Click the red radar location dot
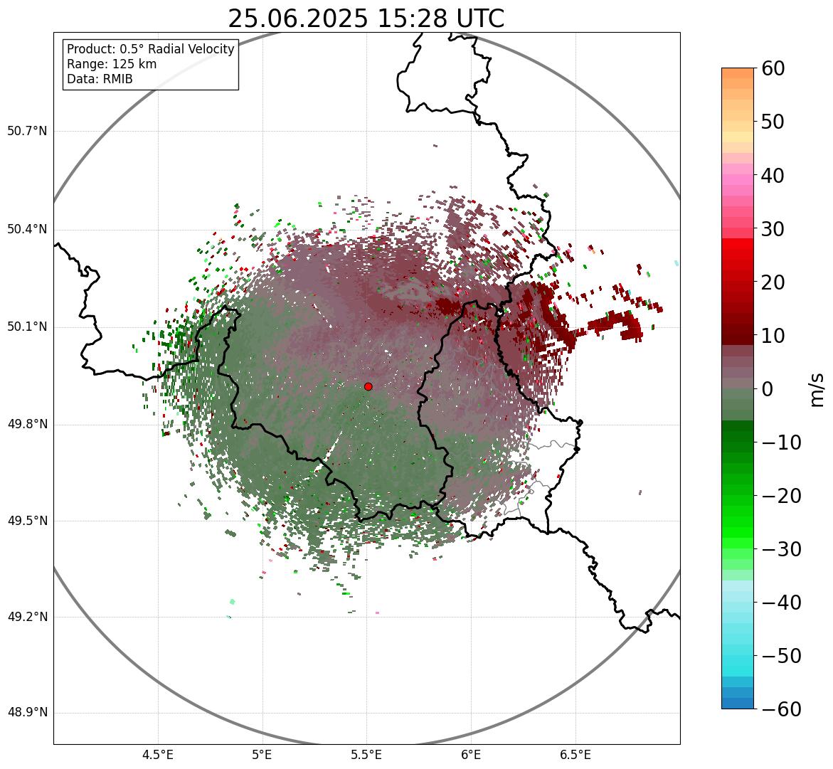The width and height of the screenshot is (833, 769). pos(368,386)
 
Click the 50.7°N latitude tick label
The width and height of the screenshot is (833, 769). pos(27,132)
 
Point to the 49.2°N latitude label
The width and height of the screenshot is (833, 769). pos(27,617)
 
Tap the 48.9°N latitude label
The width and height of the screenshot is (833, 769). pos(27,713)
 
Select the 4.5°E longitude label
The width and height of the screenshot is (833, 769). pos(158,754)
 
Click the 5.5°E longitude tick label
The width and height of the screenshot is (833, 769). pos(366,754)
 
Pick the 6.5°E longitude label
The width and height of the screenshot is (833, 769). pos(575,754)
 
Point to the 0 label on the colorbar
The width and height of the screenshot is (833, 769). pos(768,389)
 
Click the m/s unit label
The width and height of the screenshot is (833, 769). pos(817,389)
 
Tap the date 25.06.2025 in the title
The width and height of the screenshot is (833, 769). pos(298,19)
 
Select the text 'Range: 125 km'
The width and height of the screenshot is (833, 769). pos(112,64)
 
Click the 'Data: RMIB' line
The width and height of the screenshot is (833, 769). pos(100,79)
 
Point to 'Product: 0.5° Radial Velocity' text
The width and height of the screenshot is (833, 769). pos(150,49)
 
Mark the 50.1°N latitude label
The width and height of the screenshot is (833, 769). pos(27,327)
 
